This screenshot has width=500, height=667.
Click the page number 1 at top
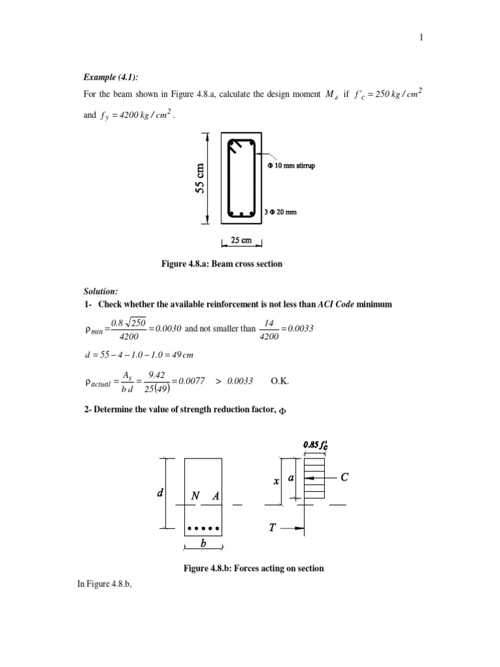coord(421,38)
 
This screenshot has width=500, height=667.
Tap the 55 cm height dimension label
coord(201,177)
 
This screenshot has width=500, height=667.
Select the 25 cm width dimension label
coord(242,240)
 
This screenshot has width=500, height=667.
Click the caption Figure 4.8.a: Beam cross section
coord(221,264)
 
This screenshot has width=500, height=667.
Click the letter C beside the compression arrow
coord(344,478)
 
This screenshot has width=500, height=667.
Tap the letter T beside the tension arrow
coord(273,528)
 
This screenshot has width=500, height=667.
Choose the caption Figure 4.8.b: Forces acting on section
coord(254,569)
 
